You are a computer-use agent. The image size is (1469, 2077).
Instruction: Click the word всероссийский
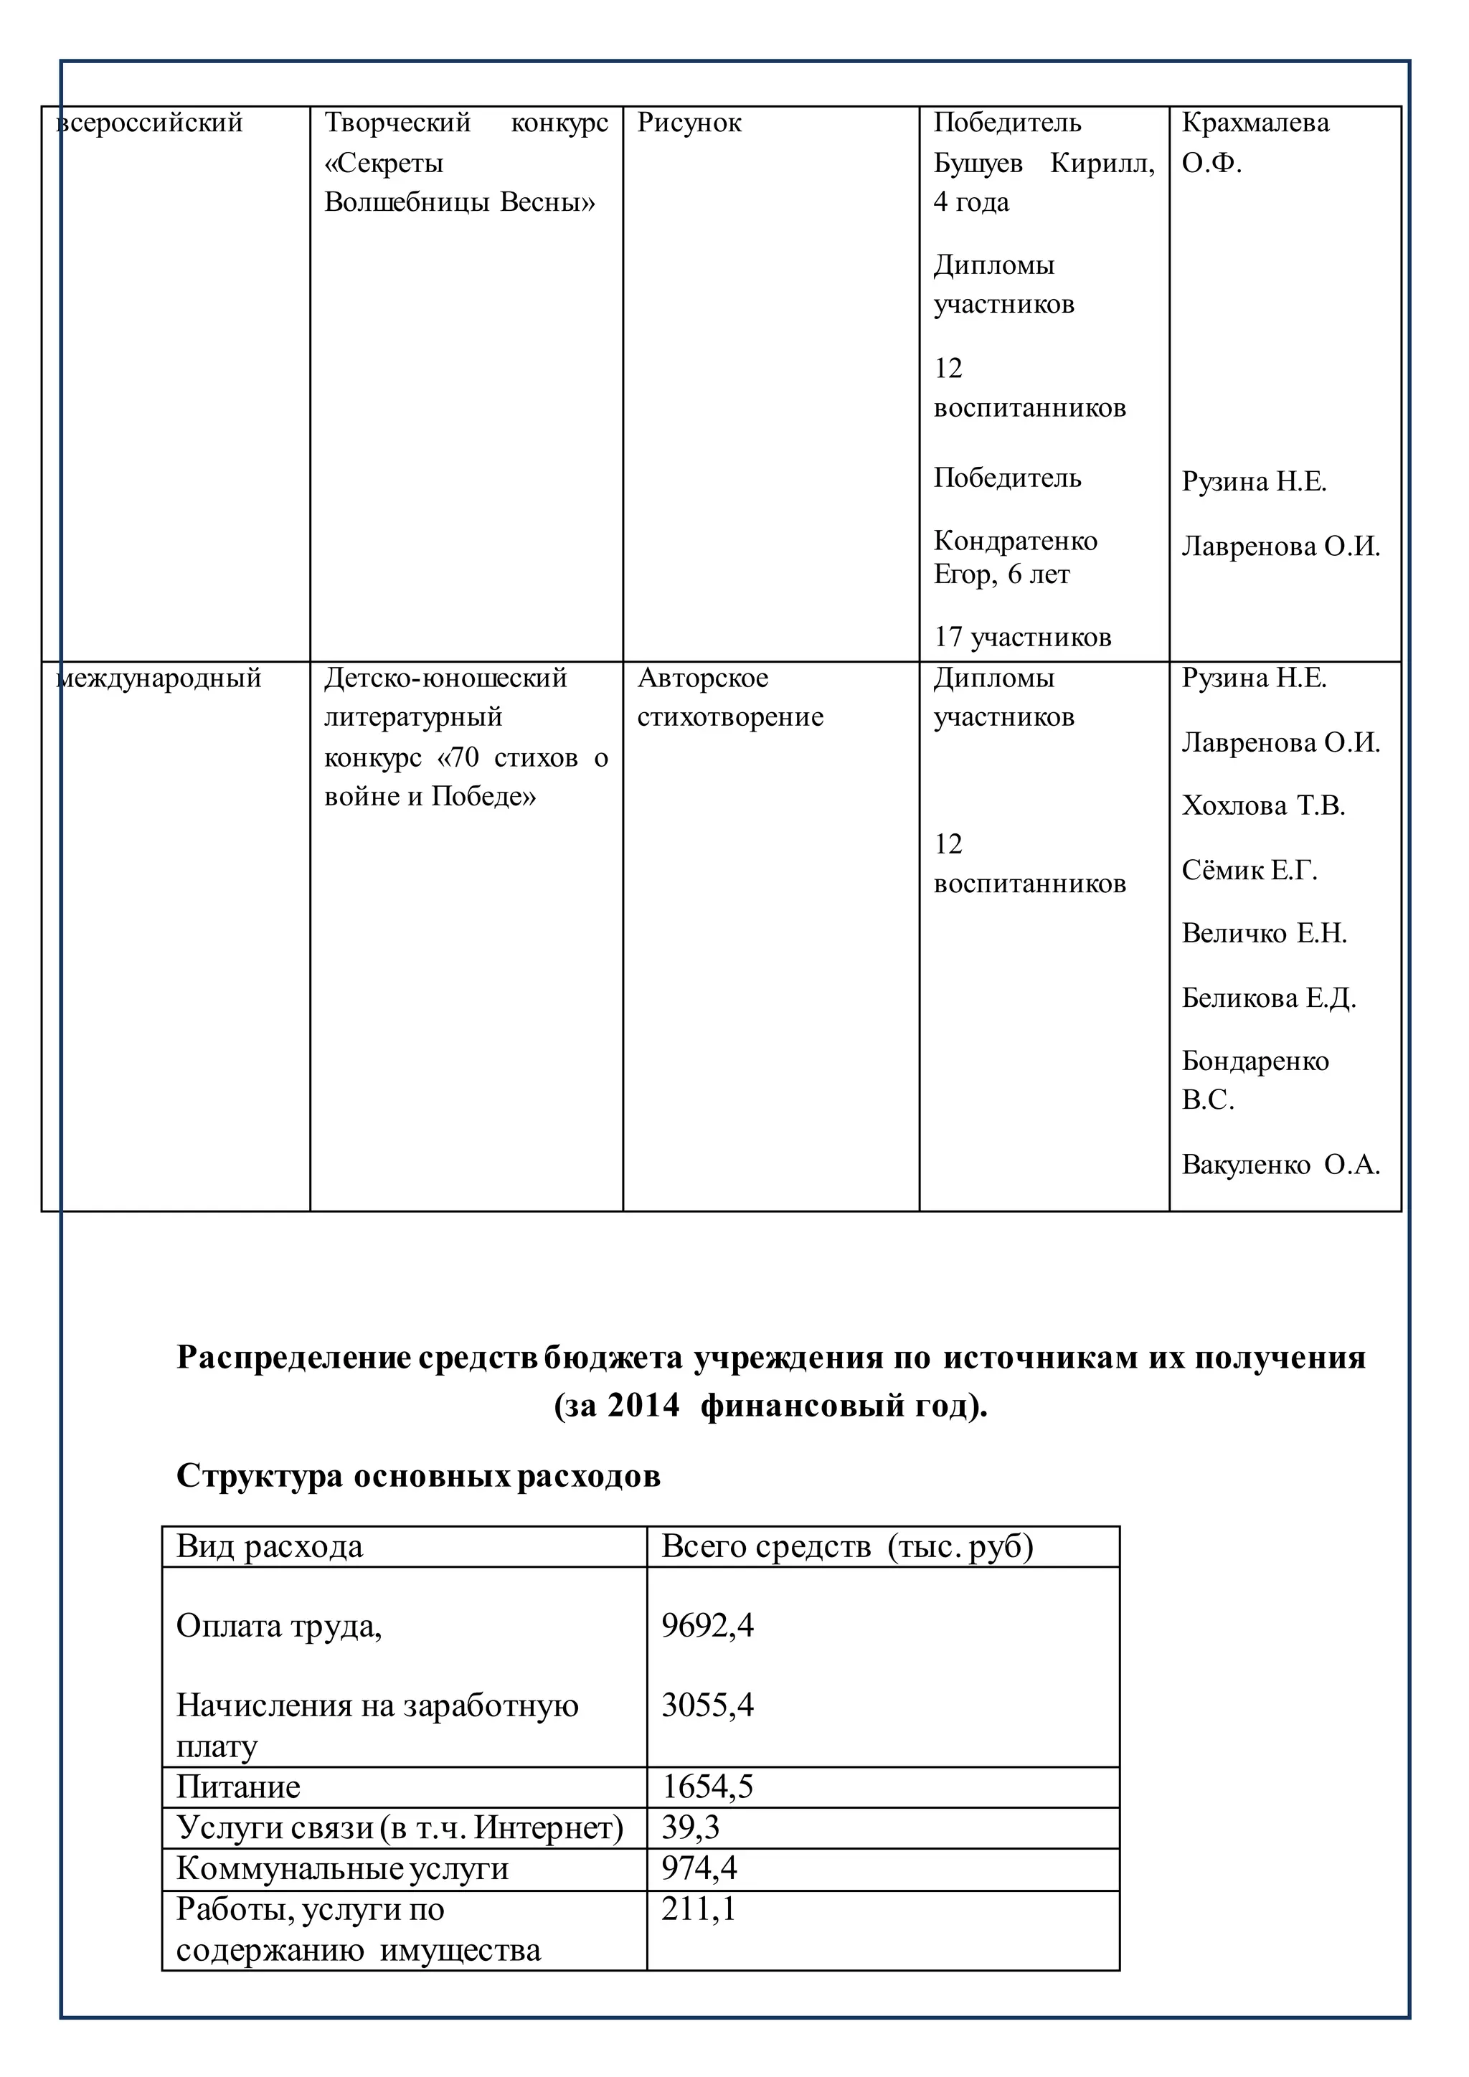150,123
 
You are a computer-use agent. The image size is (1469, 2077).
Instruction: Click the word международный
159,678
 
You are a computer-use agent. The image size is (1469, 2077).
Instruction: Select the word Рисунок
689,123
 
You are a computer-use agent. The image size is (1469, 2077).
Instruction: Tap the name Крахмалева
1255,123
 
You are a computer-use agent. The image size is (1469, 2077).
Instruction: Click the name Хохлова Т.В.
1262,806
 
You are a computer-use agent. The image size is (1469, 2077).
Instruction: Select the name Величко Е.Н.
1264,934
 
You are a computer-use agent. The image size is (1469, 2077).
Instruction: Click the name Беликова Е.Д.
1268,999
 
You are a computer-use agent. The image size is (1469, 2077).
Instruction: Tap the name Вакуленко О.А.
1280,1165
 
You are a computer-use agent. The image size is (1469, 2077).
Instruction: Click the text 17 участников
1022,638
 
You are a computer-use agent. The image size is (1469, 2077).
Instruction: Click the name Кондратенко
1015,541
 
